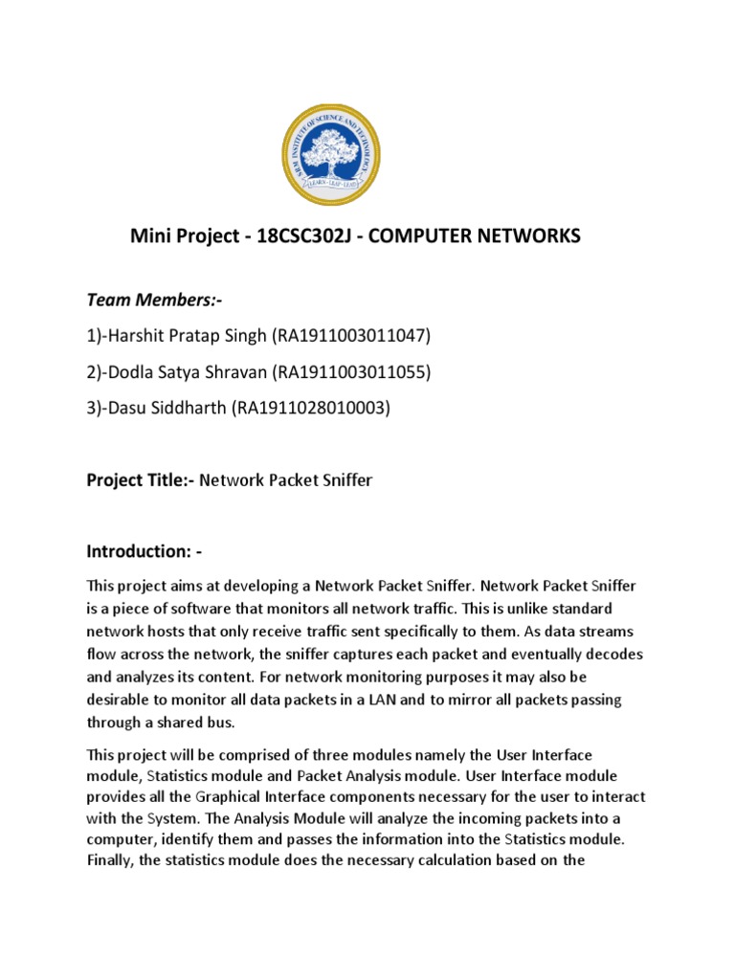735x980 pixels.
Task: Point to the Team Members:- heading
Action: click(155, 301)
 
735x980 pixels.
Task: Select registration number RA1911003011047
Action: click(351, 335)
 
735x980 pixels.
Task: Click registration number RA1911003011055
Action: click(349, 371)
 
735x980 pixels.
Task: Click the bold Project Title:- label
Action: click(141, 480)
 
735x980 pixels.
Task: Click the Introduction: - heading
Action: click(145, 552)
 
